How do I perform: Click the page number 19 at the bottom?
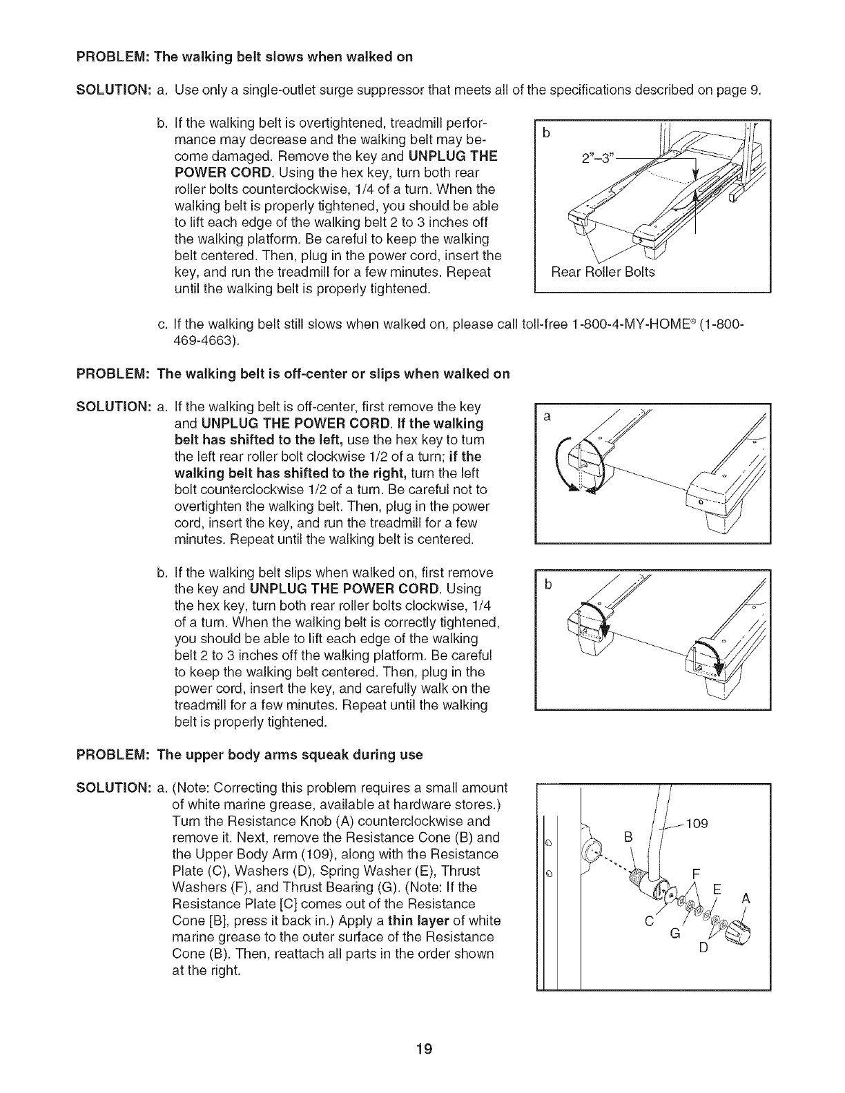[x=423, y=1049]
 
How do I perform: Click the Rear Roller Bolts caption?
[x=602, y=272]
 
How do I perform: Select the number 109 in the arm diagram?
[x=698, y=823]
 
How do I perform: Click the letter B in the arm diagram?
[x=628, y=837]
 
